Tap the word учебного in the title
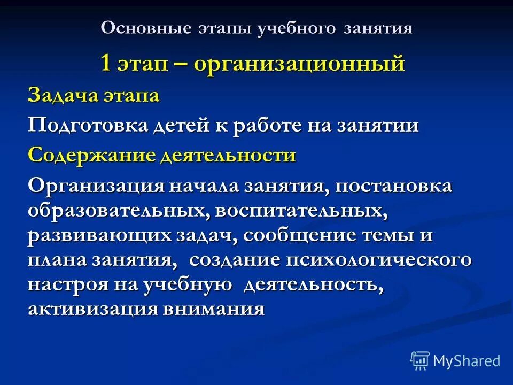click(290, 28)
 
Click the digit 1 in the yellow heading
click(106, 64)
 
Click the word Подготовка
click(88, 126)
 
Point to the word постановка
click(395, 187)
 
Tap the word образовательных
click(115, 210)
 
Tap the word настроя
click(67, 284)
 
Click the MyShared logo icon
click(420, 361)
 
